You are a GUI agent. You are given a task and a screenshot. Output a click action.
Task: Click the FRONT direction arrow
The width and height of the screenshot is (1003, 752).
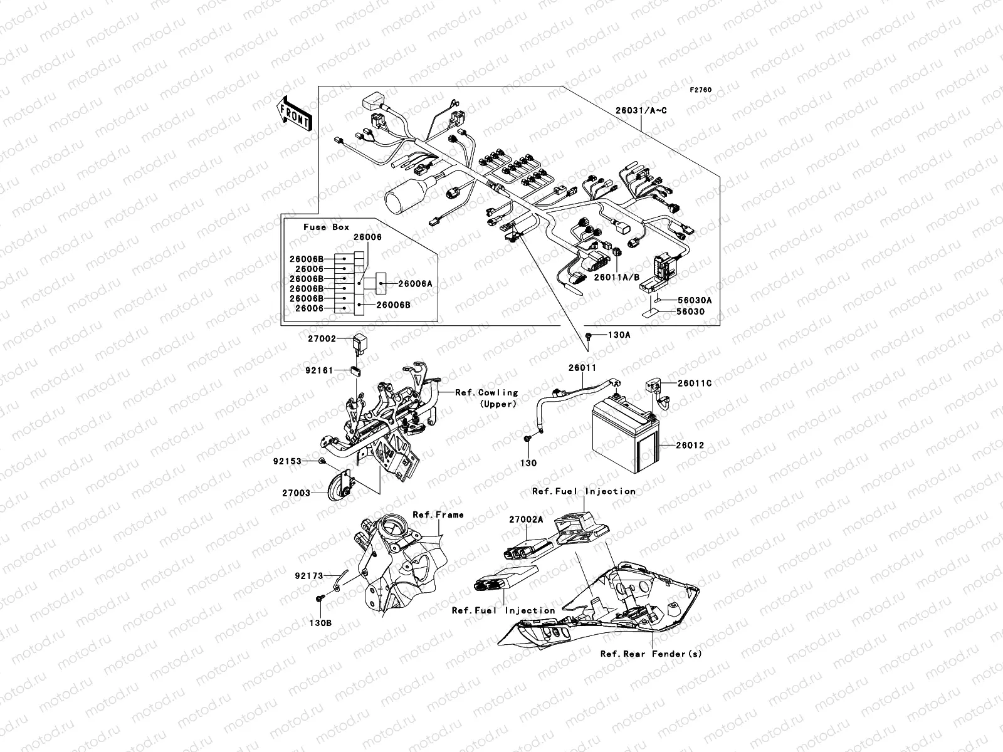point(294,113)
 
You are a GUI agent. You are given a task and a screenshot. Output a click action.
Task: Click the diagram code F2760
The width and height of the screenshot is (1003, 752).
point(701,90)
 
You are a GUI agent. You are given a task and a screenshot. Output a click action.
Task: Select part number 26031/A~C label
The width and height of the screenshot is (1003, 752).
point(641,111)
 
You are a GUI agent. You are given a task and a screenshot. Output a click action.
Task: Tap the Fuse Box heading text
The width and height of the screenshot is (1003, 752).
point(326,227)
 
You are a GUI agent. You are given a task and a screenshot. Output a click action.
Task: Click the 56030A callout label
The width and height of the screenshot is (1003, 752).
point(694,300)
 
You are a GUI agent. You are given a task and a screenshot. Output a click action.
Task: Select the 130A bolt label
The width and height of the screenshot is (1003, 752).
point(619,335)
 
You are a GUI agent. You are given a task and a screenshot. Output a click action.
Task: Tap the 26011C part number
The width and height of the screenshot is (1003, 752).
point(694,383)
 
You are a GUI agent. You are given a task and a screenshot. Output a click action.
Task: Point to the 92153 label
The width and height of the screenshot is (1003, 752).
point(287,461)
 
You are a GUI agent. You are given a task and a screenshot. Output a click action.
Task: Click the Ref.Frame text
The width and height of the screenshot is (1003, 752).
point(438,514)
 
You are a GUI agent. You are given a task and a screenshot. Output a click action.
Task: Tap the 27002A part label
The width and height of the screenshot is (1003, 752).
point(525,519)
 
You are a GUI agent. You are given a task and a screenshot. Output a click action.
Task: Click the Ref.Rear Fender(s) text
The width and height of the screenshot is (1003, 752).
point(651,654)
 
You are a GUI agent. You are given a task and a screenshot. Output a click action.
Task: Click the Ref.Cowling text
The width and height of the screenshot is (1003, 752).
point(486,392)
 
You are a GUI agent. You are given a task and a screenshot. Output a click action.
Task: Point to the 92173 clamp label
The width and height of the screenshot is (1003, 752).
point(310,575)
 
